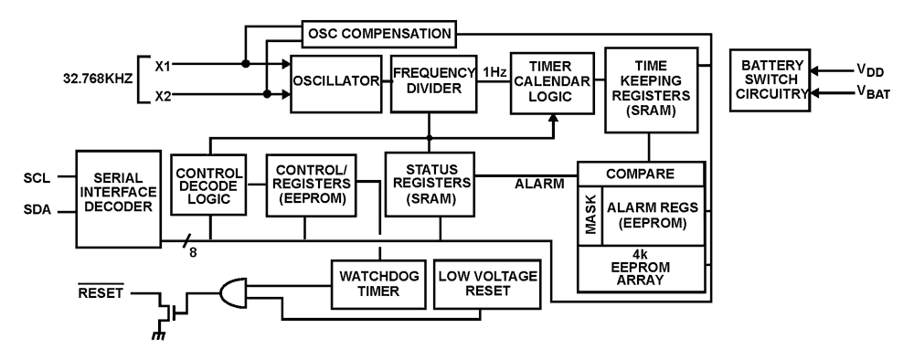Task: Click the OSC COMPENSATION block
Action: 377,35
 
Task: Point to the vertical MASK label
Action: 590,216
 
